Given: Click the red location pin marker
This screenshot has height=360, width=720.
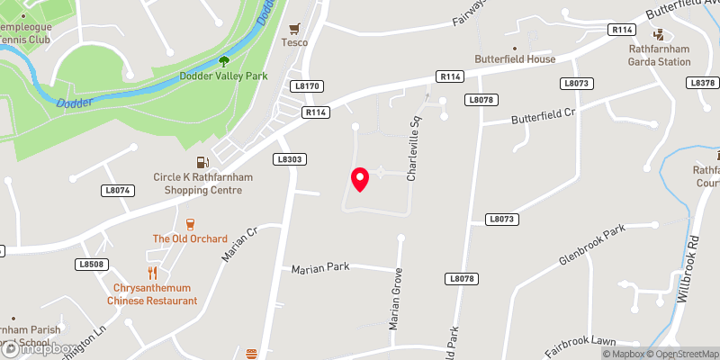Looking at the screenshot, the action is (x=360, y=179).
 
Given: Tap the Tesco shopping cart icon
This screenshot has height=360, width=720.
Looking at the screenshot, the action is (x=294, y=28).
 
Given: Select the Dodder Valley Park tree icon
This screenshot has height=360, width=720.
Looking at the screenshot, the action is (x=223, y=61).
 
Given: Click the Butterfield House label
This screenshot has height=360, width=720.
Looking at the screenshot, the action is (x=516, y=58).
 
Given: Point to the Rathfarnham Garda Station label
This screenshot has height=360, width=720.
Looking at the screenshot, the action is (x=660, y=61).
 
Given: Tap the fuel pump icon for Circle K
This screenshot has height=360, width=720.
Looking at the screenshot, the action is (x=202, y=163).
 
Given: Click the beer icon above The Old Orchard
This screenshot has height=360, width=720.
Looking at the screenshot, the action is (x=190, y=224).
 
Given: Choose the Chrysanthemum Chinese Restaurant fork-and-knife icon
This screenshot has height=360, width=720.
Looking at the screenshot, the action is (x=152, y=272).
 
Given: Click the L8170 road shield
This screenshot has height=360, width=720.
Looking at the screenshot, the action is (x=306, y=86).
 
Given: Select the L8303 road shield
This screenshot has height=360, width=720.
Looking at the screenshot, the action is (x=289, y=159).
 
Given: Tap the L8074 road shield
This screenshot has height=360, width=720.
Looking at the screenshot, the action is (x=118, y=190).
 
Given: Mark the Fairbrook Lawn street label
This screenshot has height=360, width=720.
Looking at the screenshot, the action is (x=578, y=342).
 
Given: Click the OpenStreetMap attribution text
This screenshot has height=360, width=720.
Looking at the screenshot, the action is (x=681, y=354).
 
